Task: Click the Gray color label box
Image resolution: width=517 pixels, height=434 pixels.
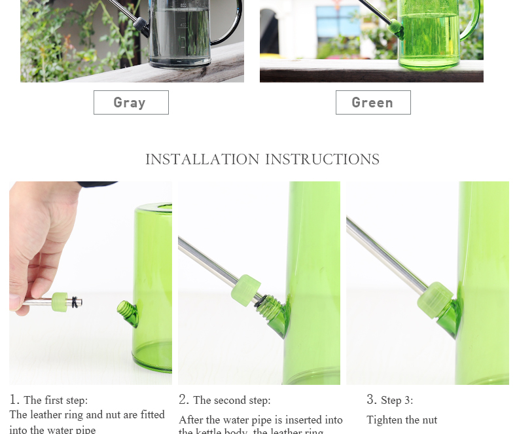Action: pyautogui.click(x=131, y=103)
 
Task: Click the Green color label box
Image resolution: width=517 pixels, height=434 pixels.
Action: pyautogui.click(x=373, y=103)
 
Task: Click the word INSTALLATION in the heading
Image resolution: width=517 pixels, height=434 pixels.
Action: pyautogui.click(x=202, y=160)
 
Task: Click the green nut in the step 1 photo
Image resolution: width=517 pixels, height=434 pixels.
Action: pyautogui.click(x=62, y=301)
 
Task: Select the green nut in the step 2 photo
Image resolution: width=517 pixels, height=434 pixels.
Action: pyautogui.click(x=245, y=289)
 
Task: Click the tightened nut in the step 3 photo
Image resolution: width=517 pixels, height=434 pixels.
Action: pyautogui.click(x=433, y=299)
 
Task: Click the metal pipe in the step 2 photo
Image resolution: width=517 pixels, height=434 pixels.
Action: pyautogui.click(x=206, y=259)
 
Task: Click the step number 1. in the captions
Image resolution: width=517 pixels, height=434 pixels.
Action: pyautogui.click(x=14, y=400)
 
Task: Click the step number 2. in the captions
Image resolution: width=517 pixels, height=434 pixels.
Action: pyautogui.click(x=184, y=400)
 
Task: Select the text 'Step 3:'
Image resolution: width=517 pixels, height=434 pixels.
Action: pyautogui.click(x=397, y=400)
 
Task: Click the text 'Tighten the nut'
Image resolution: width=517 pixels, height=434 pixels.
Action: pyautogui.click(x=402, y=420)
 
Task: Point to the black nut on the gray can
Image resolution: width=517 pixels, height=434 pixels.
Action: pyautogui.click(x=141, y=24)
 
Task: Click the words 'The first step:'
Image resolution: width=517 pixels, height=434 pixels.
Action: pyautogui.click(x=56, y=400)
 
